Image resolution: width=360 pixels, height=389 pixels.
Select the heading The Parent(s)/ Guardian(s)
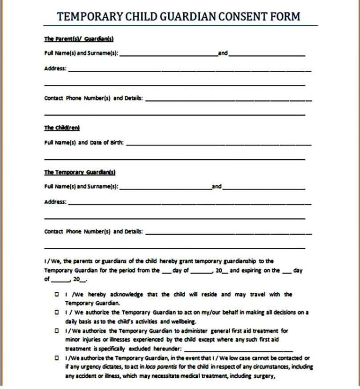point(79,39)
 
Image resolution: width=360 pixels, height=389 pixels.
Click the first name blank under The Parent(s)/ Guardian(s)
point(168,54)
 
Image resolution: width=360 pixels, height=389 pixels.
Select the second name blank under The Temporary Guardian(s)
point(263,187)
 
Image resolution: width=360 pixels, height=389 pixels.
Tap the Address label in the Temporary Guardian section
point(55,202)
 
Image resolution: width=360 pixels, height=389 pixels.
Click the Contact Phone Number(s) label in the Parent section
point(94,99)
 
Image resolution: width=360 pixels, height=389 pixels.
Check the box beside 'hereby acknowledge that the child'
point(57,294)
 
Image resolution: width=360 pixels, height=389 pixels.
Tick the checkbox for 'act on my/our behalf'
point(57,312)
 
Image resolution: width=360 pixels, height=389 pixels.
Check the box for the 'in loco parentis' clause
point(57,358)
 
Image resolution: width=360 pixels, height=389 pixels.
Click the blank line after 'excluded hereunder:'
point(239,350)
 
